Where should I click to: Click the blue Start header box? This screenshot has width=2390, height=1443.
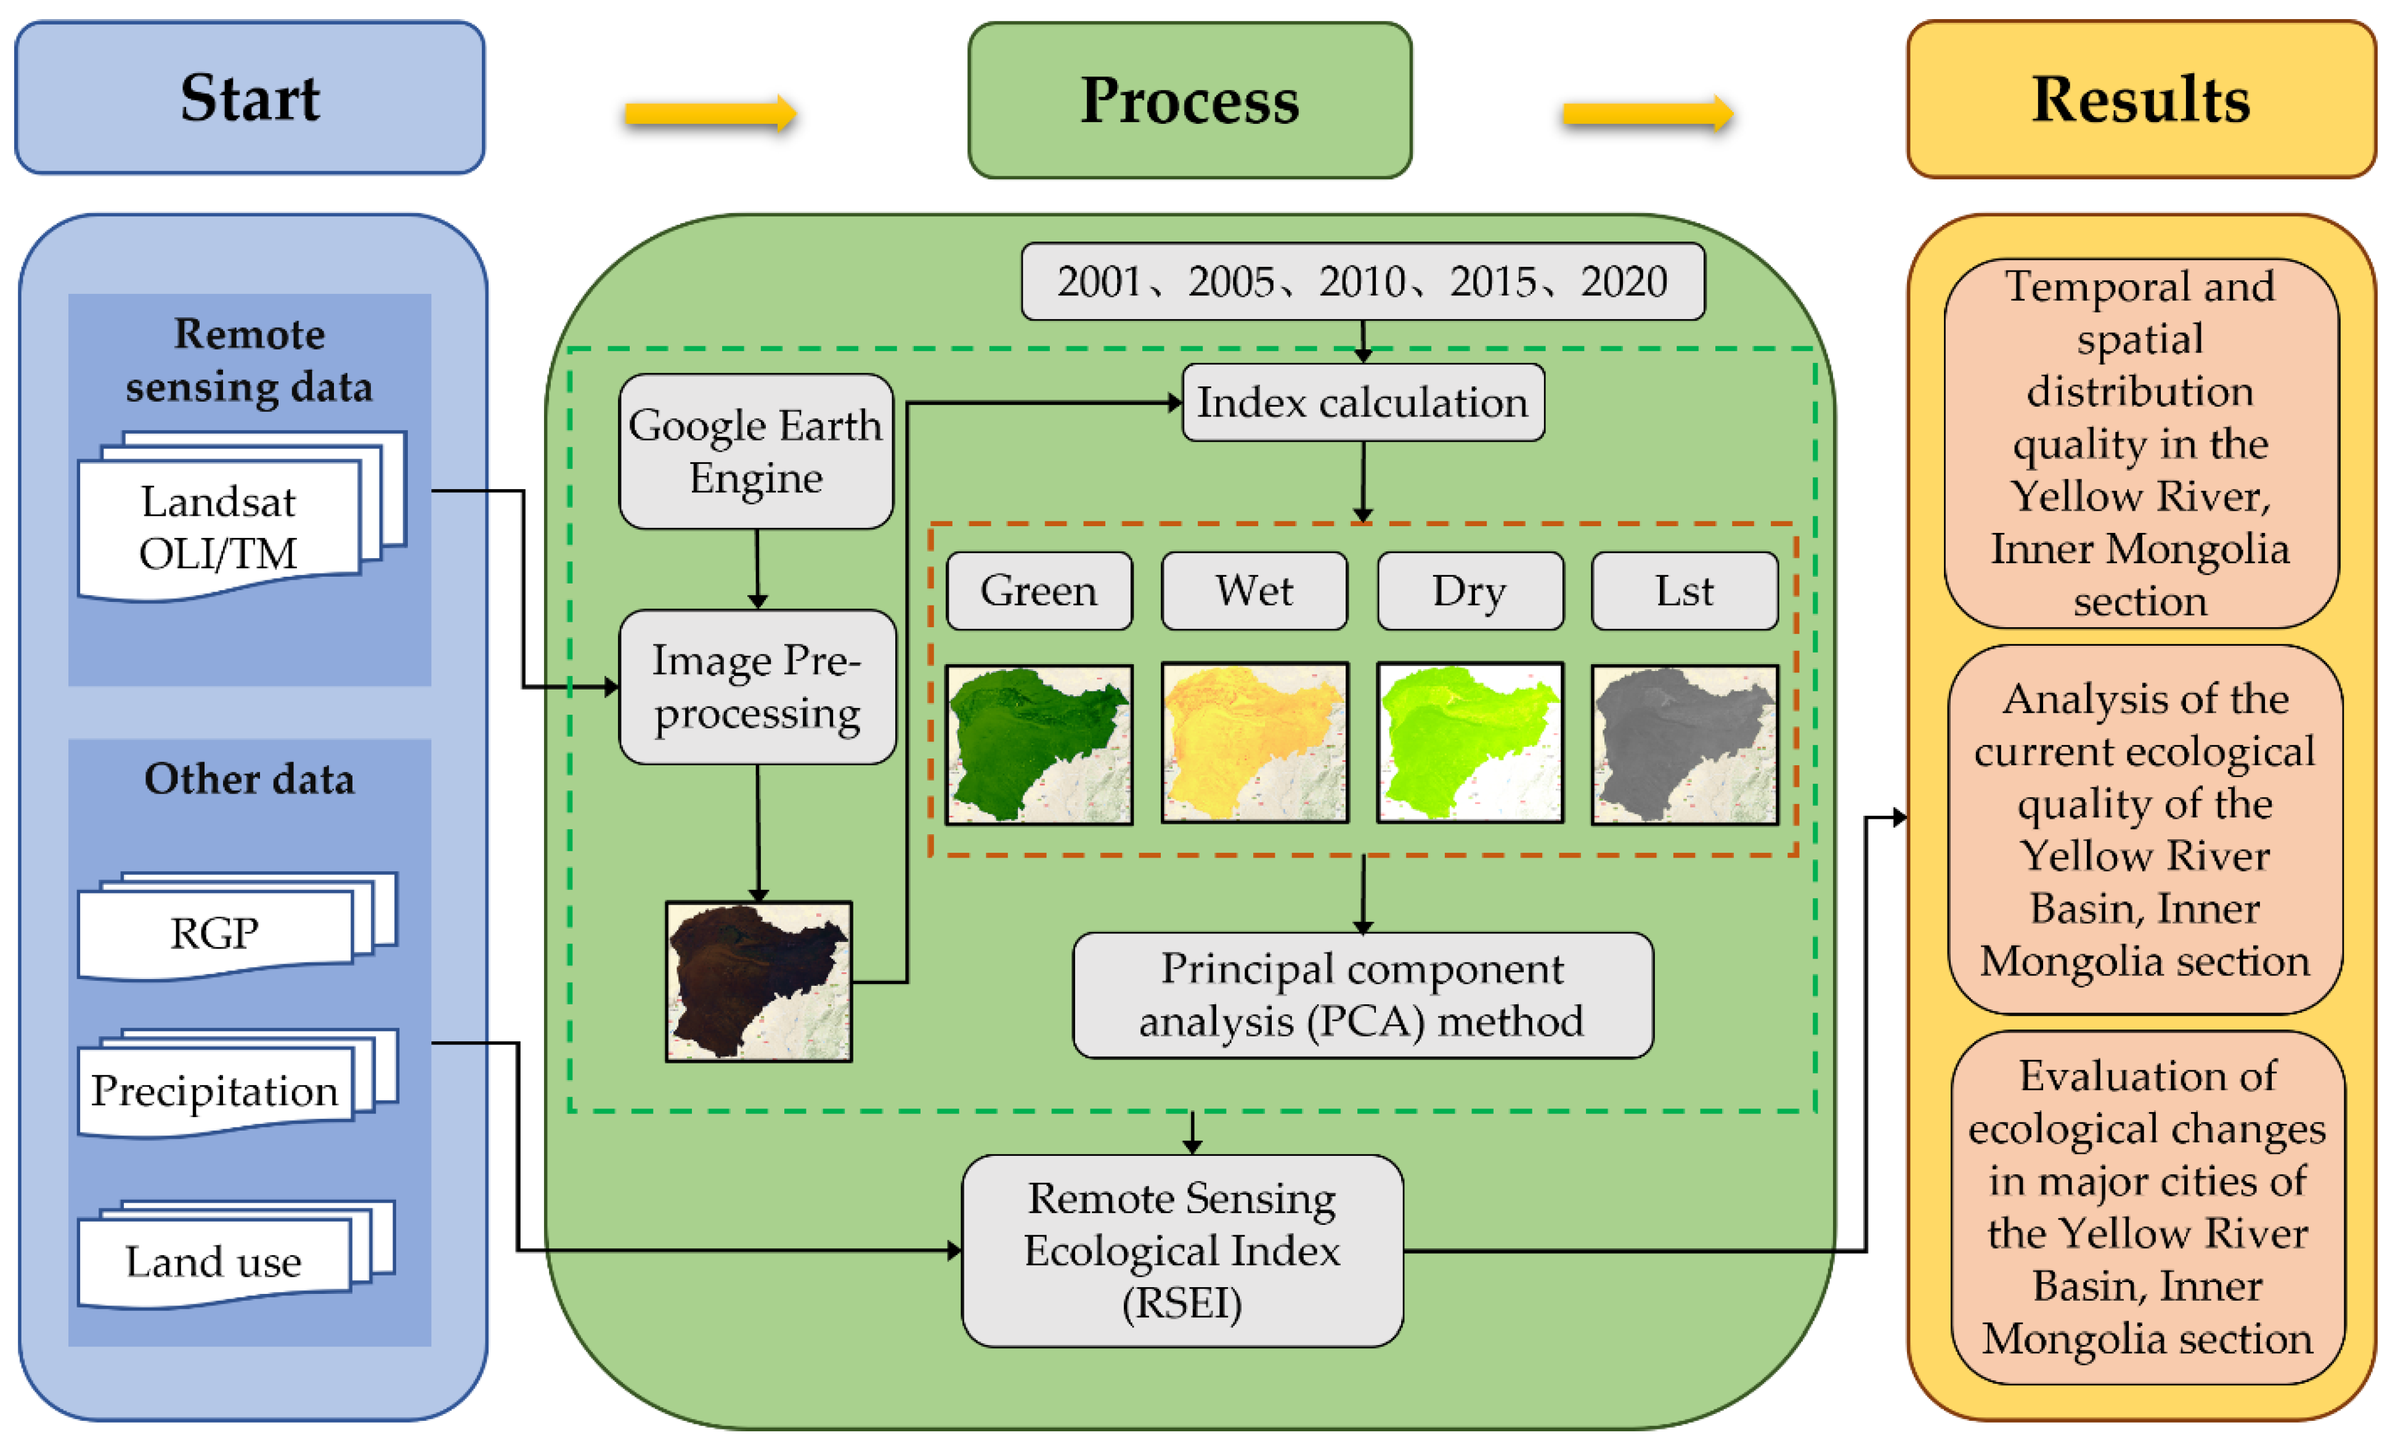click(250, 98)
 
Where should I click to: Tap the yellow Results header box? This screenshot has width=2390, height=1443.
click(2140, 99)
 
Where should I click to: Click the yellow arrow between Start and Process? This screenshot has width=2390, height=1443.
click(710, 115)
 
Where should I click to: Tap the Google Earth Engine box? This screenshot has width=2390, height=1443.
click(755, 452)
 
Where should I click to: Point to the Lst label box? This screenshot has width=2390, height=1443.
click(1684, 591)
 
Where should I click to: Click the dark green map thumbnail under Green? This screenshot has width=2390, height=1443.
click(1039, 744)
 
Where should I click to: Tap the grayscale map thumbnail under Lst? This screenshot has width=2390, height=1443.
click(1684, 744)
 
